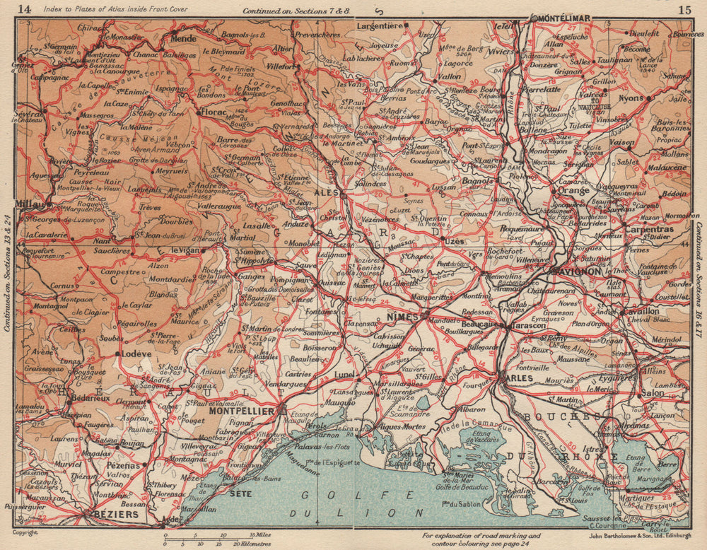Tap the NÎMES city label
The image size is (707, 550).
pyautogui.click(x=403, y=319)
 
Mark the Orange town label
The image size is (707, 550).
pyautogui.click(x=573, y=190)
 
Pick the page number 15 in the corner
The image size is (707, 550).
pyautogui.click(x=683, y=9)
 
